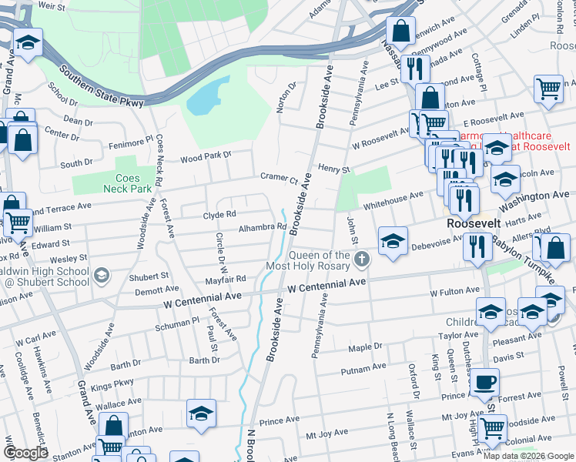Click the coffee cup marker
coord(484,382)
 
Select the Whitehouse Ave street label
coord(393,197)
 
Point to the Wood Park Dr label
coord(206,157)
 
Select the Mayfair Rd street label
coord(224,279)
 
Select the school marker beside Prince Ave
coord(201,413)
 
